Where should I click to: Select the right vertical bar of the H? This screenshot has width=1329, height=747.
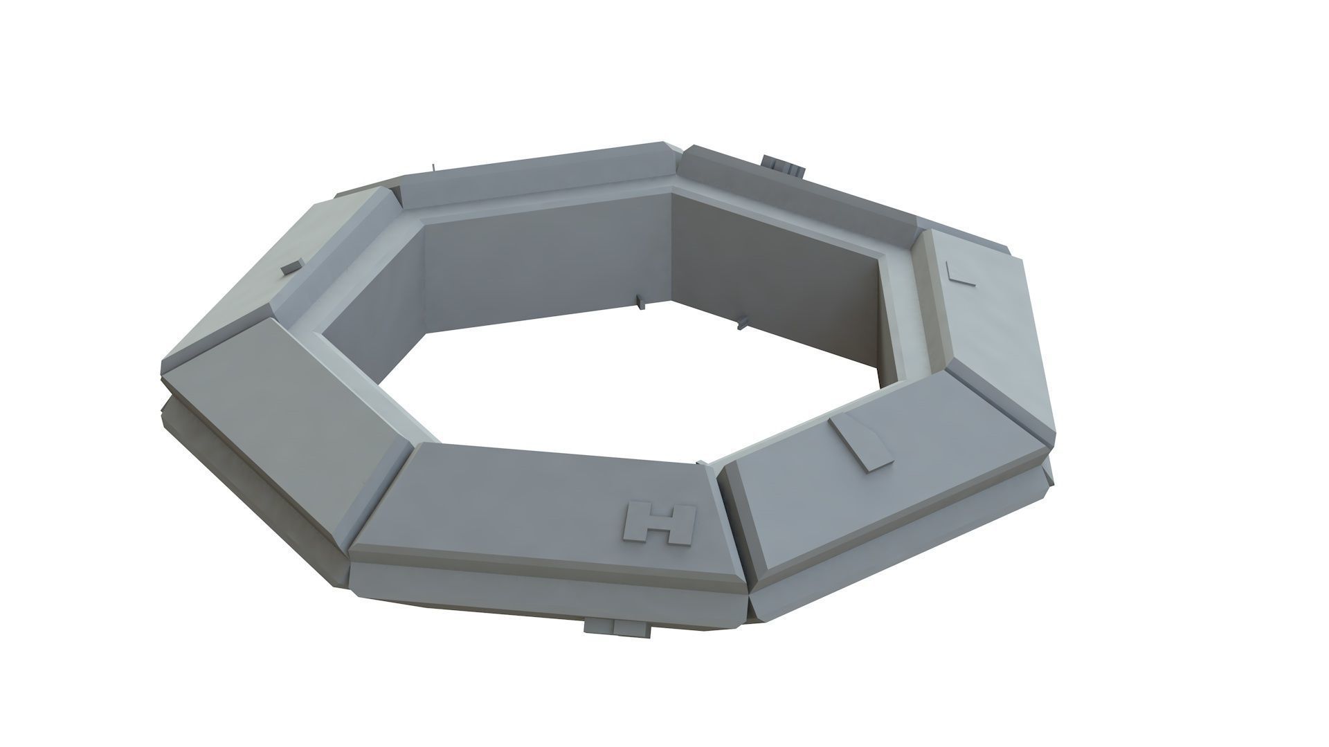tap(684, 524)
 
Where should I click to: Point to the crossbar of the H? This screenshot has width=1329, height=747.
tap(660, 524)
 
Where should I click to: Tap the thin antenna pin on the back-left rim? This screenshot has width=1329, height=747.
tap(433, 167)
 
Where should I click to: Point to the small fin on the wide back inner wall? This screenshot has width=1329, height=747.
tap(638, 302)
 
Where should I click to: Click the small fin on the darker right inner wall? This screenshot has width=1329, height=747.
tap(743, 320)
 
